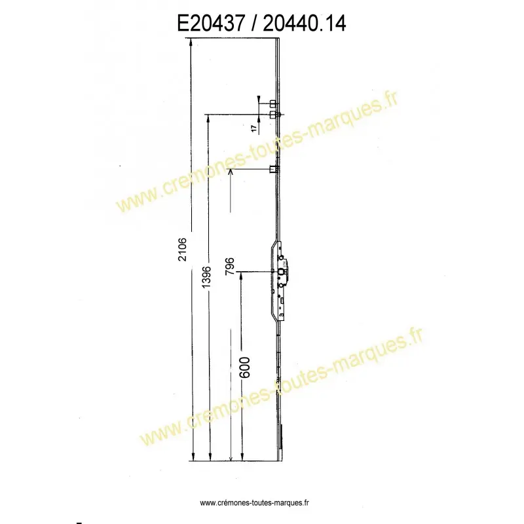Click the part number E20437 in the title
click(x=211, y=24)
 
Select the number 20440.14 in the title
click(x=305, y=24)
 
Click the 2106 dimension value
click(x=183, y=250)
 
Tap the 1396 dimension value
click(x=206, y=277)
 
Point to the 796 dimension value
click(x=230, y=267)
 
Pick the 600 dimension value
click(x=245, y=367)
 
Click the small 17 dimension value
click(x=254, y=128)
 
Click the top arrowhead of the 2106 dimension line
click(x=191, y=41)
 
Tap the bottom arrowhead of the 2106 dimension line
click(x=193, y=457)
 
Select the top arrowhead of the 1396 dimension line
click(x=208, y=117)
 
